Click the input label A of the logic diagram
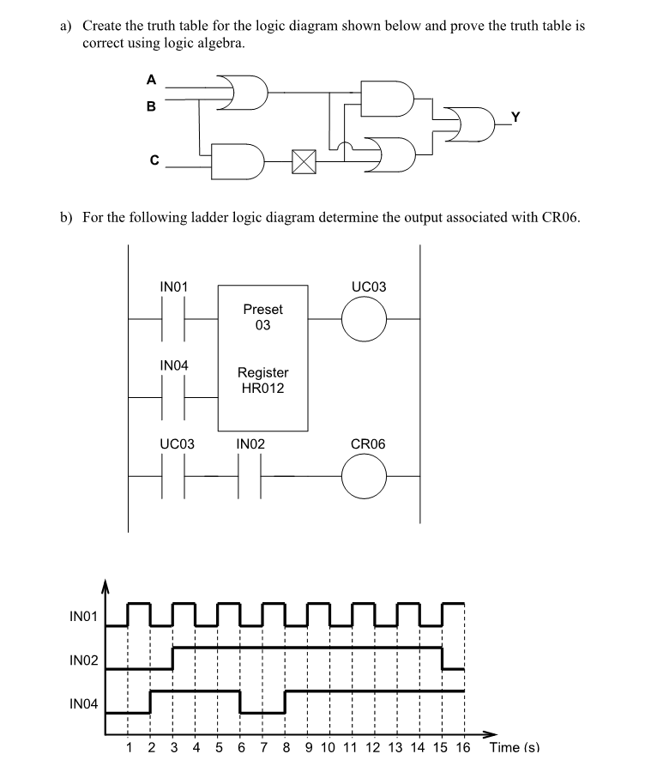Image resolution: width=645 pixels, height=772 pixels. [x=152, y=81]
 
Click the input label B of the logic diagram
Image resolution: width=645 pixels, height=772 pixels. [x=152, y=107]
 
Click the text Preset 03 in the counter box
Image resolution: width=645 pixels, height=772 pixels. [x=262, y=317]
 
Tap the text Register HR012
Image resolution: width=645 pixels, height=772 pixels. [x=262, y=380]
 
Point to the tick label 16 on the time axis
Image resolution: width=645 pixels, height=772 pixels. [x=463, y=747]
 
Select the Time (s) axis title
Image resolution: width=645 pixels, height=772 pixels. [x=515, y=747]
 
